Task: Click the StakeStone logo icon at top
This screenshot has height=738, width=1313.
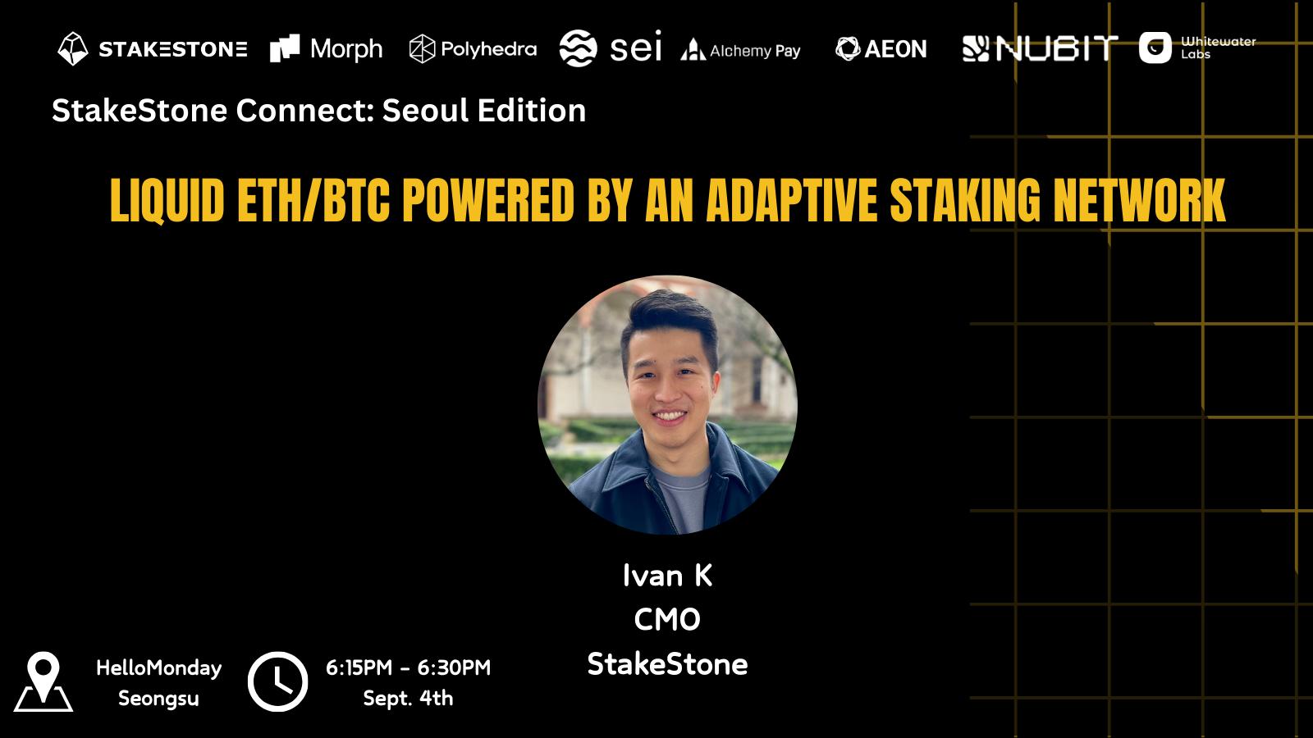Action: click(x=73, y=48)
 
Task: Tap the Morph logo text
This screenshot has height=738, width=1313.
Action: click(x=346, y=49)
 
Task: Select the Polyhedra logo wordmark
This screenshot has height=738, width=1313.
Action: click(x=489, y=49)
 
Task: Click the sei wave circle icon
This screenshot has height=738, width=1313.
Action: click(x=578, y=48)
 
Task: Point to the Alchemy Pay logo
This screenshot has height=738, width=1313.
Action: click(x=741, y=50)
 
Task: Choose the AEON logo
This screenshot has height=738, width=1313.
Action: click(x=881, y=48)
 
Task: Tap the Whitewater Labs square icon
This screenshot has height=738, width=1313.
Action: click(x=1155, y=48)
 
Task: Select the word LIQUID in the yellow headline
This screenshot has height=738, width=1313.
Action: click(x=167, y=200)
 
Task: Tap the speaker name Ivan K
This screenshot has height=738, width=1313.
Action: click(x=667, y=575)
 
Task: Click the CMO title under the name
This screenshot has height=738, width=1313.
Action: click(x=667, y=620)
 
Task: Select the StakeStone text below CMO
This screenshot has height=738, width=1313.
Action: click(x=667, y=664)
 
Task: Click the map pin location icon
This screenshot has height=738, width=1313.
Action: click(x=43, y=681)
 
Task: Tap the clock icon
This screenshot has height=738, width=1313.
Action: click(x=278, y=681)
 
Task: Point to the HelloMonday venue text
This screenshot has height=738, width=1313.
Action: click(x=159, y=667)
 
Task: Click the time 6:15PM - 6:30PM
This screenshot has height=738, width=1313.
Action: click(x=408, y=667)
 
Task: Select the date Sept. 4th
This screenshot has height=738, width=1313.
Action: click(x=408, y=698)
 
